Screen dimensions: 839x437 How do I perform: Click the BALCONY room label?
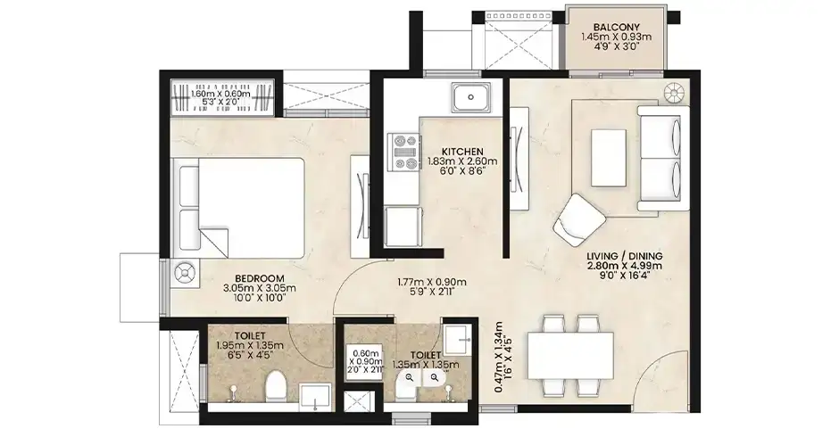(x=616, y=28)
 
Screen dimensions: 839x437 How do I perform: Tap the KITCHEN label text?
(x=462, y=152)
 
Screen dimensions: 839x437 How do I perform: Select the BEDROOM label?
(x=260, y=278)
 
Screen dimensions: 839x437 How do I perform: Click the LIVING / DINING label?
(x=625, y=256)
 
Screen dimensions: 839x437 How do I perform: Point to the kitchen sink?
(x=470, y=97)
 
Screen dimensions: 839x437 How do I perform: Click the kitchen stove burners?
(x=405, y=153)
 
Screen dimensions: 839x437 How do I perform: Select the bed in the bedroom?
(x=242, y=207)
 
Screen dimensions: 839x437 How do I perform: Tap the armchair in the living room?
(x=579, y=220)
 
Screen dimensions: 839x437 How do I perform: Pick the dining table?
(x=570, y=355)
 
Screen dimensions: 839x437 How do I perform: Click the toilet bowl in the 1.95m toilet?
(x=277, y=387)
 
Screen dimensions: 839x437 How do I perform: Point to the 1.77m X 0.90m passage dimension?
(x=432, y=286)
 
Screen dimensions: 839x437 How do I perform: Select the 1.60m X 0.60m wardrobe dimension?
(x=221, y=98)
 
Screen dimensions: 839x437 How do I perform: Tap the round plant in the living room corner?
(x=674, y=93)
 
